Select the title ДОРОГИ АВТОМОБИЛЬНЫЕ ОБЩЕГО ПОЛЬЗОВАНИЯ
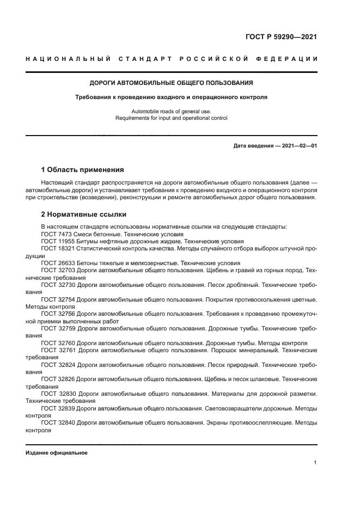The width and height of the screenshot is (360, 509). (171, 83)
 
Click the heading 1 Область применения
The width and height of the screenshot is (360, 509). (83, 169)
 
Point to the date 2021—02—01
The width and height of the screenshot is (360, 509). (299, 145)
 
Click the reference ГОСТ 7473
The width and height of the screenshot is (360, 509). (54, 234)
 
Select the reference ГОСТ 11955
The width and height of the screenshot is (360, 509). (56, 241)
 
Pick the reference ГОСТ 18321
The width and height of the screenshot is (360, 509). (56, 248)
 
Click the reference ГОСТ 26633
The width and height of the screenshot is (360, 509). (56, 262)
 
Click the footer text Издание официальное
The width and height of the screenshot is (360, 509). (56, 452)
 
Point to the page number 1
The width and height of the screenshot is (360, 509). (315, 463)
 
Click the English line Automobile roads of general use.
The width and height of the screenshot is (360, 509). (171, 111)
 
